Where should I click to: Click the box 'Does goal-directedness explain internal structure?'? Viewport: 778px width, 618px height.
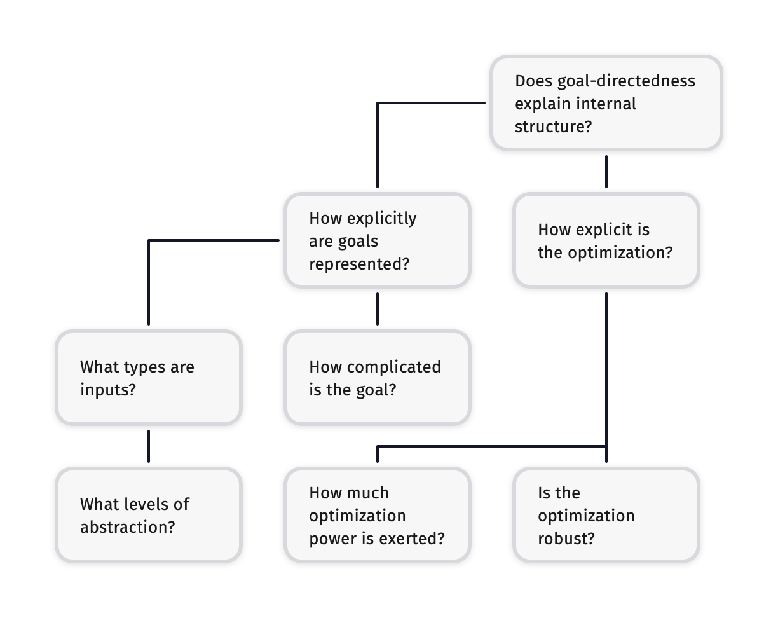pyautogui.click(x=606, y=103)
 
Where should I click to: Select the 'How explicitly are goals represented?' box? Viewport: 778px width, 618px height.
pyautogui.click(x=377, y=240)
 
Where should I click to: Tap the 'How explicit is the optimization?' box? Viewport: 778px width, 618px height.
pyautogui.click(x=606, y=240)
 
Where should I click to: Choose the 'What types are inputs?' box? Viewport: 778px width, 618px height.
pyautogui.click(x=148, y=378)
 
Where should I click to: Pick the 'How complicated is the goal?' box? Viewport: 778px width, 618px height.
pyautogui.click(x=377, y=378)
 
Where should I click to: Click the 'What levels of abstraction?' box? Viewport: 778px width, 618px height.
pyautogui.click(x=148, y=515)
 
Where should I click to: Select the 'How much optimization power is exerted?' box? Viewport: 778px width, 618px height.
pyautogui.click(x=377, y=515)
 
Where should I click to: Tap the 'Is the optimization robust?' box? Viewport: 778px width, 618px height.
pyautogui.click(x=606, y=515)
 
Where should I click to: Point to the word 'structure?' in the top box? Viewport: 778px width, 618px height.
pyautogui.click(x=553, y=127)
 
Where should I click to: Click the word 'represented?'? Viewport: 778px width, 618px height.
pyautogui.click(x=359, y=264)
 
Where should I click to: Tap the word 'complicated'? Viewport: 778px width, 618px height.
pyautogui.click(x=394, y=367)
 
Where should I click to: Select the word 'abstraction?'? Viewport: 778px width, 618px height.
pyautogui.click(x=127, y=527)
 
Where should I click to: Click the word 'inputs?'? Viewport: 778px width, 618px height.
pyautogui.click(x=108, y=390)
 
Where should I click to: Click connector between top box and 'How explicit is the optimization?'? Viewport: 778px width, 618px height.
pyautogui.click(x=606, y=172)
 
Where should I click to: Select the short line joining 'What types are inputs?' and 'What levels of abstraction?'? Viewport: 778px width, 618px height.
pyautogui.click(x=148, y=446)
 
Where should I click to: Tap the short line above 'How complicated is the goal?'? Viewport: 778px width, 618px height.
pyautogui.click(x=377, y=308)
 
